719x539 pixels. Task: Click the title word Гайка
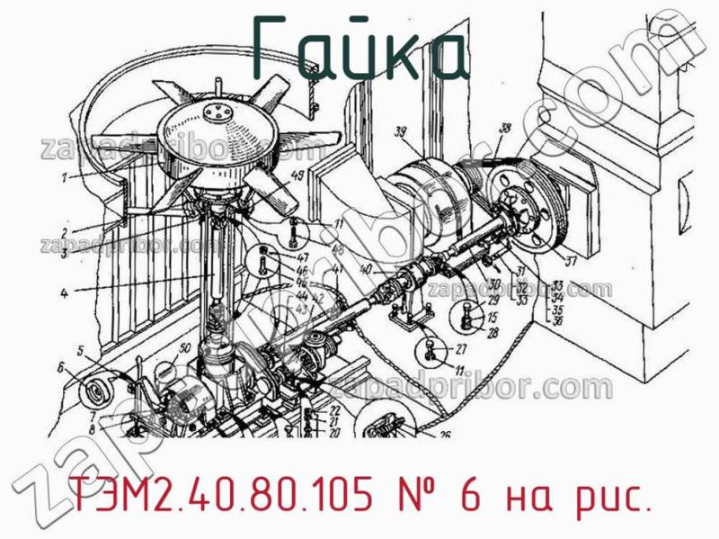tap(359, 47)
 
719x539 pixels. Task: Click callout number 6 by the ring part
tap(62, 367)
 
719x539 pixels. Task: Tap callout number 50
tap(184, 348)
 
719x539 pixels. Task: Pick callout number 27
tap(460, 349)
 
